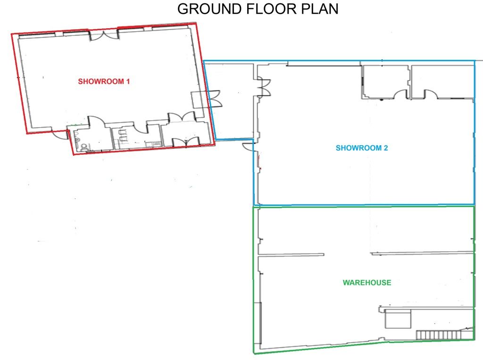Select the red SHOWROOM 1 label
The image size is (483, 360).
(104, 82)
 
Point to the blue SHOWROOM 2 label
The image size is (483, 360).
(362, 148)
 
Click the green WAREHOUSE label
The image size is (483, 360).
(367, 282)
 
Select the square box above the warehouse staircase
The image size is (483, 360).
(398, 319)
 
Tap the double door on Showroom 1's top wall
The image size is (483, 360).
(104, 35)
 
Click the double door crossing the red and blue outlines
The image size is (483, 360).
(215, 98)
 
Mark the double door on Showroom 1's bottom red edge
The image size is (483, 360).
(186, 142)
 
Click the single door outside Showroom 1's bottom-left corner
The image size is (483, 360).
(61, 135)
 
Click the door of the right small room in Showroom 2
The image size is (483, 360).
(431, 94)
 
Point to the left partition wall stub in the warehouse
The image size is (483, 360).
(291, 254)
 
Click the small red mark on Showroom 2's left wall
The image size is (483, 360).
(260, 162)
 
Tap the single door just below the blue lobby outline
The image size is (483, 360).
(248, 147)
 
